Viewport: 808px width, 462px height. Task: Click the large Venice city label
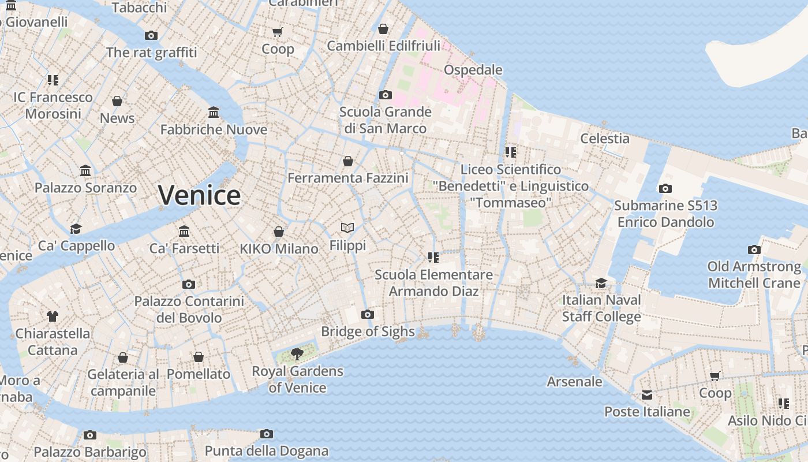point(199,195)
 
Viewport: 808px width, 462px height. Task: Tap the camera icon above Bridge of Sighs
point(368,315)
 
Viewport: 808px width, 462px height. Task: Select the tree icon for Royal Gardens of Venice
point(297,353)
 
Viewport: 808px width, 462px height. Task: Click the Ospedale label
point(473,70)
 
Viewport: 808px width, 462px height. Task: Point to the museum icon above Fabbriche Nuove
point(214,112)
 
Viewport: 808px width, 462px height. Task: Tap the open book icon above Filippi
point(347,228)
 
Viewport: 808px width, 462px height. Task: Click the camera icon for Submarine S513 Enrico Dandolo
point(665,188)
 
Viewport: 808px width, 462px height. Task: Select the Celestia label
point(604,138)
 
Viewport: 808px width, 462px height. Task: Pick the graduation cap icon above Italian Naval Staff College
point(601,283)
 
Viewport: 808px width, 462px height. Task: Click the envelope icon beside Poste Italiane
point(647,395)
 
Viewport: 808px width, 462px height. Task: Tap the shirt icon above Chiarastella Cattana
point(53,316)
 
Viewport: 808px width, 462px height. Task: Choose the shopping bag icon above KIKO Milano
point(279,232)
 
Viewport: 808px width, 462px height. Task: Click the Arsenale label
point(574,382)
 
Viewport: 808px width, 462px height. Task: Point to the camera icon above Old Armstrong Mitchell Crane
point(754,249)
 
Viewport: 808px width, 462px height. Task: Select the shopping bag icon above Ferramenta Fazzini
point(348,161)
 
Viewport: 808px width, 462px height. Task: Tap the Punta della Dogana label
point(267,451)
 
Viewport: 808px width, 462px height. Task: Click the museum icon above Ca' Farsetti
point(184,231)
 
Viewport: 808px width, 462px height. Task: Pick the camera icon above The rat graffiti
point(151,35)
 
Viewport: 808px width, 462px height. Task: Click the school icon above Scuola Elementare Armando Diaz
point(433,257)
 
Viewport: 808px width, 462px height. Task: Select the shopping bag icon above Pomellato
point(199,357)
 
